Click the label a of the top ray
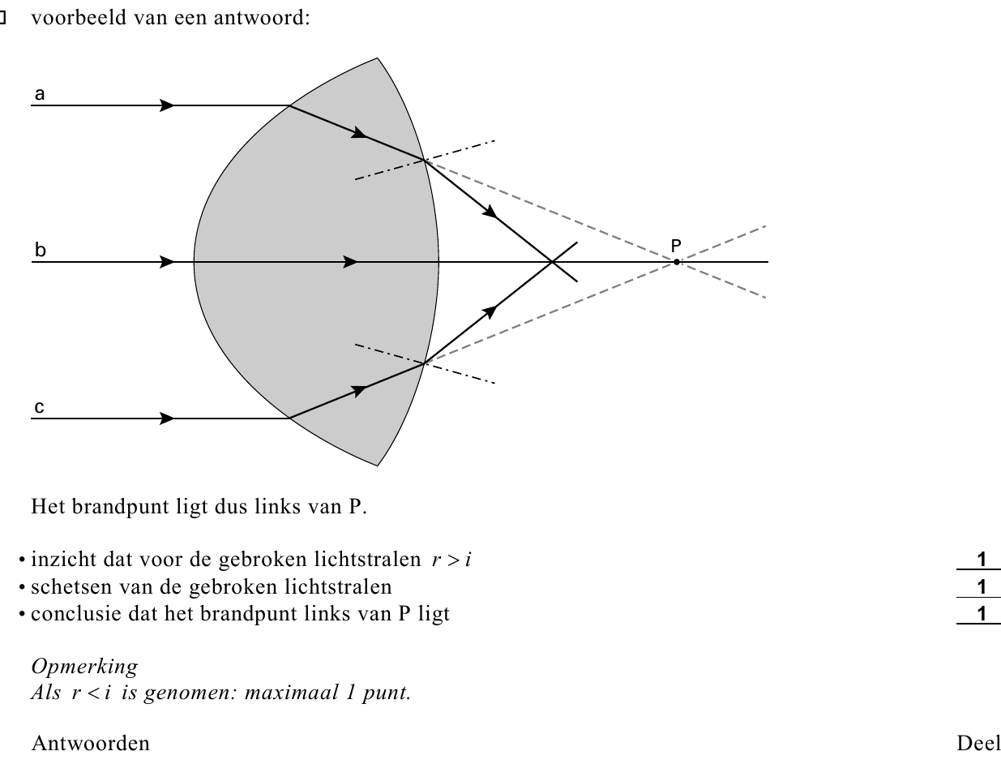pos(40,94)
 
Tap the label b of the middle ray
pos(41,250)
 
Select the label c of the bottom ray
pos(39,407)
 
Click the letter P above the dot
pos(676,246)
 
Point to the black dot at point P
pos(676,262)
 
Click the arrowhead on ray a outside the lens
pos(166,105)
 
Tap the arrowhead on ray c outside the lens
pos(166,418)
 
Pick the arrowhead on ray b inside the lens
pos(350,262)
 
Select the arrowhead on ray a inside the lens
pos(359,132)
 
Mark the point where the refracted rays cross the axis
pos(552,262)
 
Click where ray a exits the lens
pos(425,160)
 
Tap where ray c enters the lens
pos(289,418)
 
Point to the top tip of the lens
pos(377,58)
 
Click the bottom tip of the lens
pos(378,466)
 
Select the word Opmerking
pos(84,667)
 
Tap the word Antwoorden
pos(90,744)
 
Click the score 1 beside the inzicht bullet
pos(982,560)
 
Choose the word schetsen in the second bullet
pos(71,587)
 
